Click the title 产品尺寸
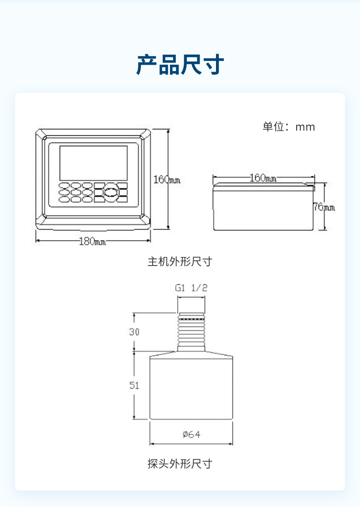coord(180,65)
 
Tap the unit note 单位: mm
coord(288,127)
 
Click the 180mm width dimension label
coord(93,241)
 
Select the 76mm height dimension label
coord(324,207)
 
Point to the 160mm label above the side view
coord(263,178)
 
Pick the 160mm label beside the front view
coord(167,179)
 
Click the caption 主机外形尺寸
coord(180,261)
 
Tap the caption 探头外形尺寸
coord(180,464)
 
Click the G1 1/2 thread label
coord(191,288)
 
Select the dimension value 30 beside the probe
coord(134,332)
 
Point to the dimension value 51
coord(134,385)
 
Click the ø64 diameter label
coord(191,434)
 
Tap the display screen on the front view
coord(93,163)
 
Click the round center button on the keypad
coord(111,193)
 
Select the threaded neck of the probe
coord(191,332)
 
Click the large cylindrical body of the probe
coord(191,388)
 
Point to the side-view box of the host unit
coord(263,207)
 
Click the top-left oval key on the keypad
coord(64,185)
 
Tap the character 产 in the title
coord(147,65)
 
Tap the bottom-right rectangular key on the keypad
coord(122,199)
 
